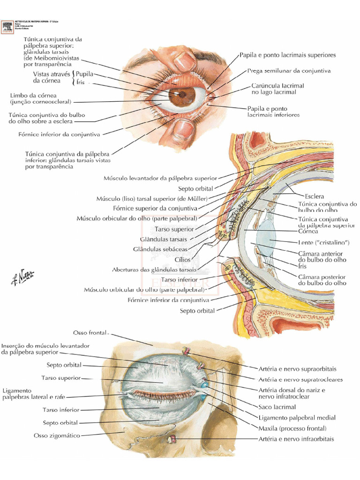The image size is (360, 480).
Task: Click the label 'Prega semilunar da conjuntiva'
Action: tap(289, 71)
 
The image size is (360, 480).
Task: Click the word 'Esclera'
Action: tap(314, 196)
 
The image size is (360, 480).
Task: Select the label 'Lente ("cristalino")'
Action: tap(324, 242)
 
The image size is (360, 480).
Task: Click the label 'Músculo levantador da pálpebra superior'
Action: tap(160, 178)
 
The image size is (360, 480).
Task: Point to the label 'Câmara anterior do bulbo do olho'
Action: tap(322, 256)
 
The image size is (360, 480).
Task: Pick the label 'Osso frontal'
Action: tap(90, 333)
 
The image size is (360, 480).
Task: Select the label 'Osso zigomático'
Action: tap(57, 435)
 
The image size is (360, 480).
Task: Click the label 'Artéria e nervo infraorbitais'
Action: tap(296, 439)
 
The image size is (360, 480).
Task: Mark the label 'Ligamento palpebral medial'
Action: tap(297, 418)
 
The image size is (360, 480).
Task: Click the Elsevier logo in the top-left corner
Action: tap(7, 27)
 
